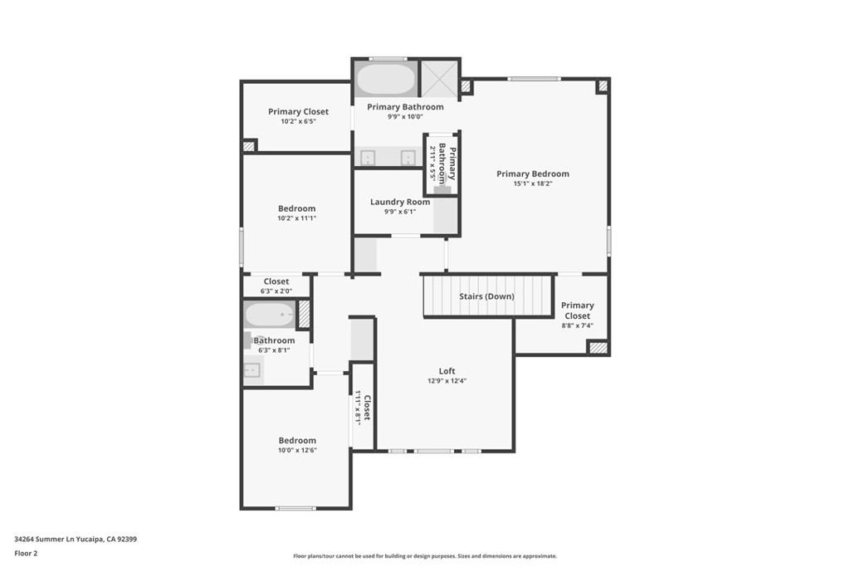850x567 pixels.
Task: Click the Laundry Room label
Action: tap(400, 202)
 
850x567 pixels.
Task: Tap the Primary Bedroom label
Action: tap(533, 174)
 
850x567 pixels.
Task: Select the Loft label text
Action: tap(447, 371)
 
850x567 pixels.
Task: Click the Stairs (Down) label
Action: tap(486, 296)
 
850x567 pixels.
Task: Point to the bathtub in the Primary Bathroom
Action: tap(386, 80)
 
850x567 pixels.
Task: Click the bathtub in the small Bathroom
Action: tap(269, 315)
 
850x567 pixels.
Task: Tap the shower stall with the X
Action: tap(439, 78)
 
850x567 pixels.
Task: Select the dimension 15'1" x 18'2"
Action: tap(533, 184)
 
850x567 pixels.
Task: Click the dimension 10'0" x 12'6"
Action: tap(297, 450)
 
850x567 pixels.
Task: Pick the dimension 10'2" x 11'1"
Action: tap(296, 218)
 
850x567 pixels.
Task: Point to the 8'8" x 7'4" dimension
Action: tap(577, 325)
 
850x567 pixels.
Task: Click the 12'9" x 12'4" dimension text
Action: tap(447, 381)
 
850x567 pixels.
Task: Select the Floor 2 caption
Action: tap(27, 553)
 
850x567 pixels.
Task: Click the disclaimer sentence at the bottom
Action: tap(424, 556)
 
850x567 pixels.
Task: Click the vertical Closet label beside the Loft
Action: tap(366, 407)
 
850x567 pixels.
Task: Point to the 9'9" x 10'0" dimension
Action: tap(405, 117)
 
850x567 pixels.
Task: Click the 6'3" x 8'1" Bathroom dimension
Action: tap(275, 350)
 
